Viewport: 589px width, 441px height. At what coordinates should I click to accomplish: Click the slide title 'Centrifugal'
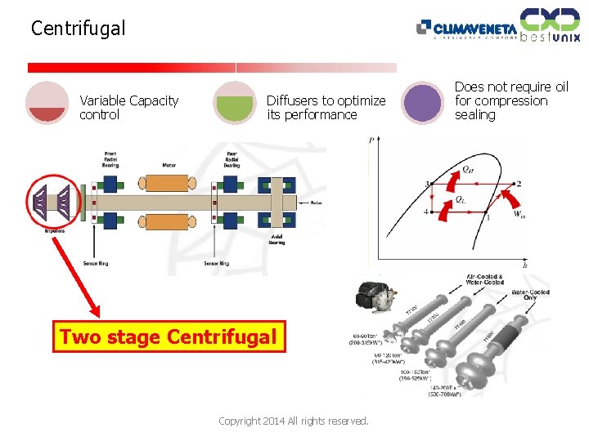[x=79, y=29]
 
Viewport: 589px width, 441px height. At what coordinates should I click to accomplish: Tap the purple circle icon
[x=423, y=103]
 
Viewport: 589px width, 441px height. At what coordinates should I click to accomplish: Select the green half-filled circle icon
[x=235, y=103]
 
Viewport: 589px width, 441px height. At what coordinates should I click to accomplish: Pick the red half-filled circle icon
[x=47, y=103]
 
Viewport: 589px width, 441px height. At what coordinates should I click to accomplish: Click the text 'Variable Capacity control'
[x=128, y=108]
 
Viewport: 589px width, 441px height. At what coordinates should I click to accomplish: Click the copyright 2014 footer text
[x=294, y=421]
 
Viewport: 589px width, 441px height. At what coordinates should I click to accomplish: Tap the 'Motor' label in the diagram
[x=169, y=164]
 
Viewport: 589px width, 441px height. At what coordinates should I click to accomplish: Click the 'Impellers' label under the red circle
[x=55, y=231]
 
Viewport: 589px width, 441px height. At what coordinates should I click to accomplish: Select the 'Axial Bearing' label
[x=277, y=239]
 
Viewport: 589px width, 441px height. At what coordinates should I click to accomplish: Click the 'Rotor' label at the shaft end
[x=316, y=203]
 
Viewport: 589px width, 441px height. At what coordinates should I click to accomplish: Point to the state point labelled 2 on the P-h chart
[x=519, y=183]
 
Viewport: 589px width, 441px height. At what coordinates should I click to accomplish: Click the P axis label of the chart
[x=372, y=140]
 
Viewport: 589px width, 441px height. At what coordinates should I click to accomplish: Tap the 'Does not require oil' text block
[x=511, y=100]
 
